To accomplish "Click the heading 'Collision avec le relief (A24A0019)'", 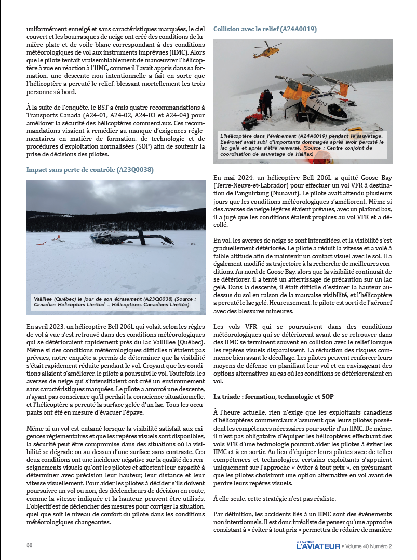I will pyautogui.click(x=265, y=29).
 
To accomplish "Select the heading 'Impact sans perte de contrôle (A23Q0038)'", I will pyautogui.click(x=90, y=169).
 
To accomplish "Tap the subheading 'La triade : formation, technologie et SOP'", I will pyautogui.click(x=273, y=397).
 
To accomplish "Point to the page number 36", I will pyautogui.click(x=30, y=545).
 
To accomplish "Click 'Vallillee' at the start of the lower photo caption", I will pyautogui.click(x=45, y=300).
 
